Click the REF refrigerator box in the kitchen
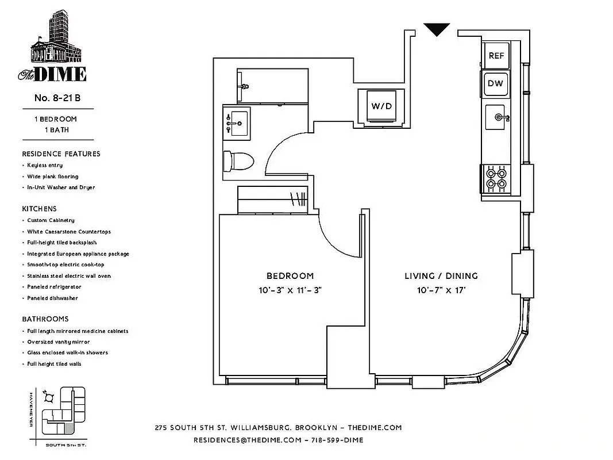[496, 56]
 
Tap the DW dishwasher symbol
[495, 83]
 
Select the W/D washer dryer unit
[381, 106]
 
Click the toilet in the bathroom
[238, 161]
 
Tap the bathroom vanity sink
[236, 122]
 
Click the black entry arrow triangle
[437, 29]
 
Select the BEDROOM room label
[290, 276]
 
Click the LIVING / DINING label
[441, 276]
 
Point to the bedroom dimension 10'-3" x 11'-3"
[290, 290]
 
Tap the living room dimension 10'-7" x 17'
[441, 290]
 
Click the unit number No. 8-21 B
[57, 98]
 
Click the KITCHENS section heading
[40, 209]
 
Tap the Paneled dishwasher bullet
[52, 298]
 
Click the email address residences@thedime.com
[248, 440]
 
